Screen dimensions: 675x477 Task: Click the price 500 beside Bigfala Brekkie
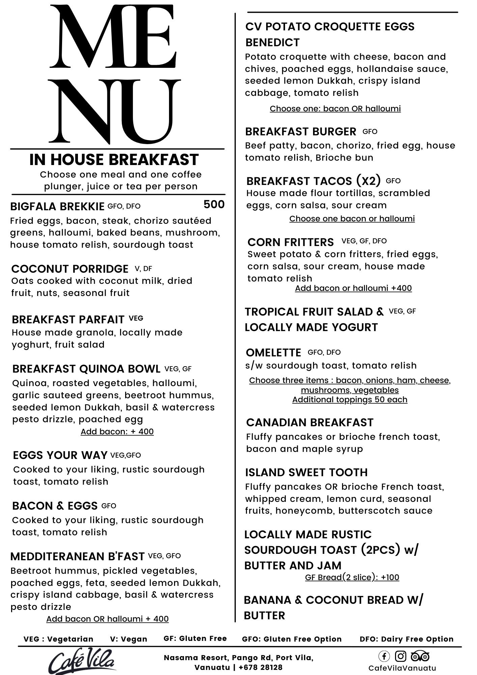tap(214, 205)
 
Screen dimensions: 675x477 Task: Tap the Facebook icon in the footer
tap(384, 656)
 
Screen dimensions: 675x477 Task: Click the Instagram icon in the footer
tap(400, 656)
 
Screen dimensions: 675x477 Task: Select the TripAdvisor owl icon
tap(420, 656)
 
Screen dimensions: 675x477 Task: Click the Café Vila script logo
tap(82, 661)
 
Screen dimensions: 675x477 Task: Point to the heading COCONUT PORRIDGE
tap(70, 269)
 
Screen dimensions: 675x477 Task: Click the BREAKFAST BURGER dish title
tap(301, 132)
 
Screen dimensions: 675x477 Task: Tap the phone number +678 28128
tap(260, 667)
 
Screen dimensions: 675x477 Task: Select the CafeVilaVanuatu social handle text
tap(402, 668)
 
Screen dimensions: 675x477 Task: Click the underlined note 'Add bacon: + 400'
tap(117, 432)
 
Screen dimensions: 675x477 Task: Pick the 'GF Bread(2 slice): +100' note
tap(352, 577)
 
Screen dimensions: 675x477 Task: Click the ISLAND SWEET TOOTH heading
tap(306, 473)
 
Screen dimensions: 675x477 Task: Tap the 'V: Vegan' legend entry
tap(129, 639)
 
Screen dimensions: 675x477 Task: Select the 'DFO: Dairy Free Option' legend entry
tap(406, 639)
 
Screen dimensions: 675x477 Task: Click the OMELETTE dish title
tap(274, 353)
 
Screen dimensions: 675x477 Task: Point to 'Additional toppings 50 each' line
tap(350, 400)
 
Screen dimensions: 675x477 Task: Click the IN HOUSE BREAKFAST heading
tap(114, 160)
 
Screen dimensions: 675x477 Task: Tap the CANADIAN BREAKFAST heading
tap(310, 423)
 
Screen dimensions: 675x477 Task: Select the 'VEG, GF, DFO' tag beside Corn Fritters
tap(364, 241)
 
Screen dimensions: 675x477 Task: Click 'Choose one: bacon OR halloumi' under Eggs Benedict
tap(335, 109)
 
